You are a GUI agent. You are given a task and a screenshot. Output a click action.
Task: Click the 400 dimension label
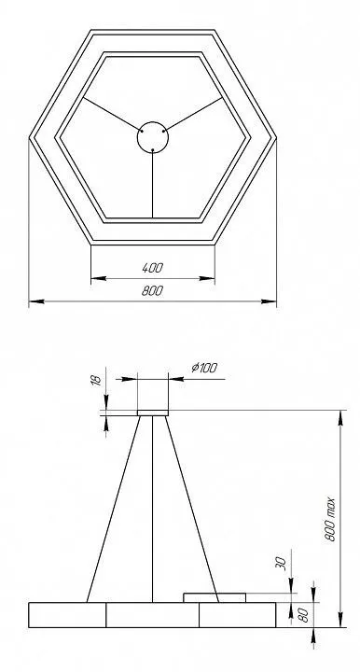point(152,268)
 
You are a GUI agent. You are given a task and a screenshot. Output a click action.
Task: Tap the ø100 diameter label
point(204,368)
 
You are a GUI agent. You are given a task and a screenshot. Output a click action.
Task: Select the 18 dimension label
point(97,379)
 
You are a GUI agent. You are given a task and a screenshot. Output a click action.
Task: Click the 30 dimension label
point(280,563)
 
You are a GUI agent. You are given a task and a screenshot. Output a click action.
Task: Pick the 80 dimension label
point(303,615)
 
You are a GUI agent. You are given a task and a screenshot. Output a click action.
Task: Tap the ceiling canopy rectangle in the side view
point(153,413)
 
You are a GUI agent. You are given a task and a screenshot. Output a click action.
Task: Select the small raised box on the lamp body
point(215,597)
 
